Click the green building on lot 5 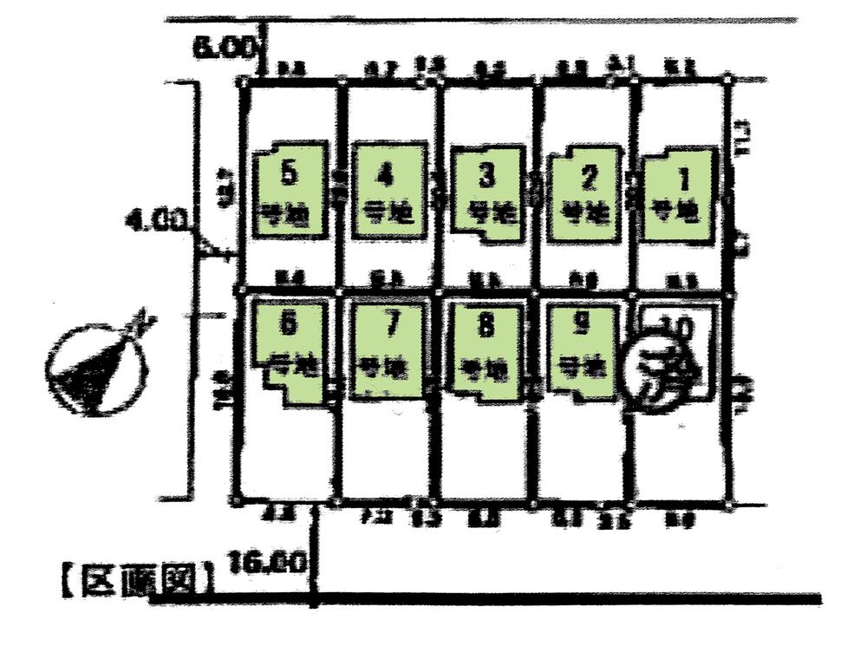[x=290, y=192]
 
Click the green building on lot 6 [x=290, y=347]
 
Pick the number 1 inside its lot [x=682, y=180]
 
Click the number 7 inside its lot [x=390, y=324]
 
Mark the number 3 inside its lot [x=487, y=176]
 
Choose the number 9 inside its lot [x=582, y=323]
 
